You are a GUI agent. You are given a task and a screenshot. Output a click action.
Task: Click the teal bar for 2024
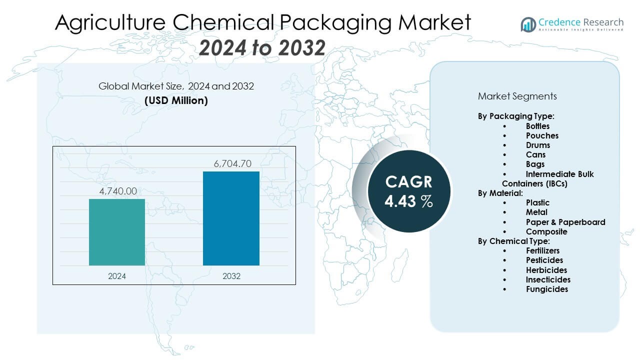117,232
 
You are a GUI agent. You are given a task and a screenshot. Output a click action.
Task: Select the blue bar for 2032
231,218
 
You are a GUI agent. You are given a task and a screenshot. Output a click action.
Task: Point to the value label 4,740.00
117,191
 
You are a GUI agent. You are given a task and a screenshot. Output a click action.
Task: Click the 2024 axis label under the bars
117,276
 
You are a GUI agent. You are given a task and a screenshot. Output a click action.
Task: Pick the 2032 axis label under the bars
231,276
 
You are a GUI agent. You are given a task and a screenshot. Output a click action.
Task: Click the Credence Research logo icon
528,24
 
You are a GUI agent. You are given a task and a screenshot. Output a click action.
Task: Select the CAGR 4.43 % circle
408,191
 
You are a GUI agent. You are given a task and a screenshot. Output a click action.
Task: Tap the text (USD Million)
176,100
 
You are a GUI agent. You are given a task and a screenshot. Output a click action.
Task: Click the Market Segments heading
517,96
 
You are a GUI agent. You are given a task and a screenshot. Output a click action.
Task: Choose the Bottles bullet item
537,126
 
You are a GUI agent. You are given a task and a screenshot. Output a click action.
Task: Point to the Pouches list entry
542,135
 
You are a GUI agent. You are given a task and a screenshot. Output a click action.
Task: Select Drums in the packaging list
538,145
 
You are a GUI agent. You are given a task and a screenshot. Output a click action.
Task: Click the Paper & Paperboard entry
565,222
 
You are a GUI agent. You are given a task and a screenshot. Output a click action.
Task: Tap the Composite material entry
546,231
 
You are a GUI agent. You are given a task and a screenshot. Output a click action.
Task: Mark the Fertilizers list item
542,250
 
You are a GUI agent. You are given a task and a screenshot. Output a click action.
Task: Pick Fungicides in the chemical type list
547,289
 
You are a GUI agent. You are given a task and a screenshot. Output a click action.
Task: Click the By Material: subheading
500,193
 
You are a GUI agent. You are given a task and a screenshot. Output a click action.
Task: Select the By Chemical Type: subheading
513,241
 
